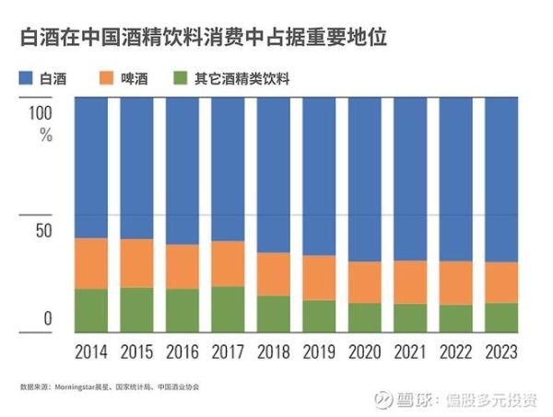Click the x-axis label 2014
click(91, 352)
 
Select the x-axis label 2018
click(274, 352)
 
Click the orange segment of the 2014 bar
click(91, 263)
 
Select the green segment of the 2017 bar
click(228, 308)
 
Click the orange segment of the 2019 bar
click(319, 277)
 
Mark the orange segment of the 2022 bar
click(455, 283)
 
